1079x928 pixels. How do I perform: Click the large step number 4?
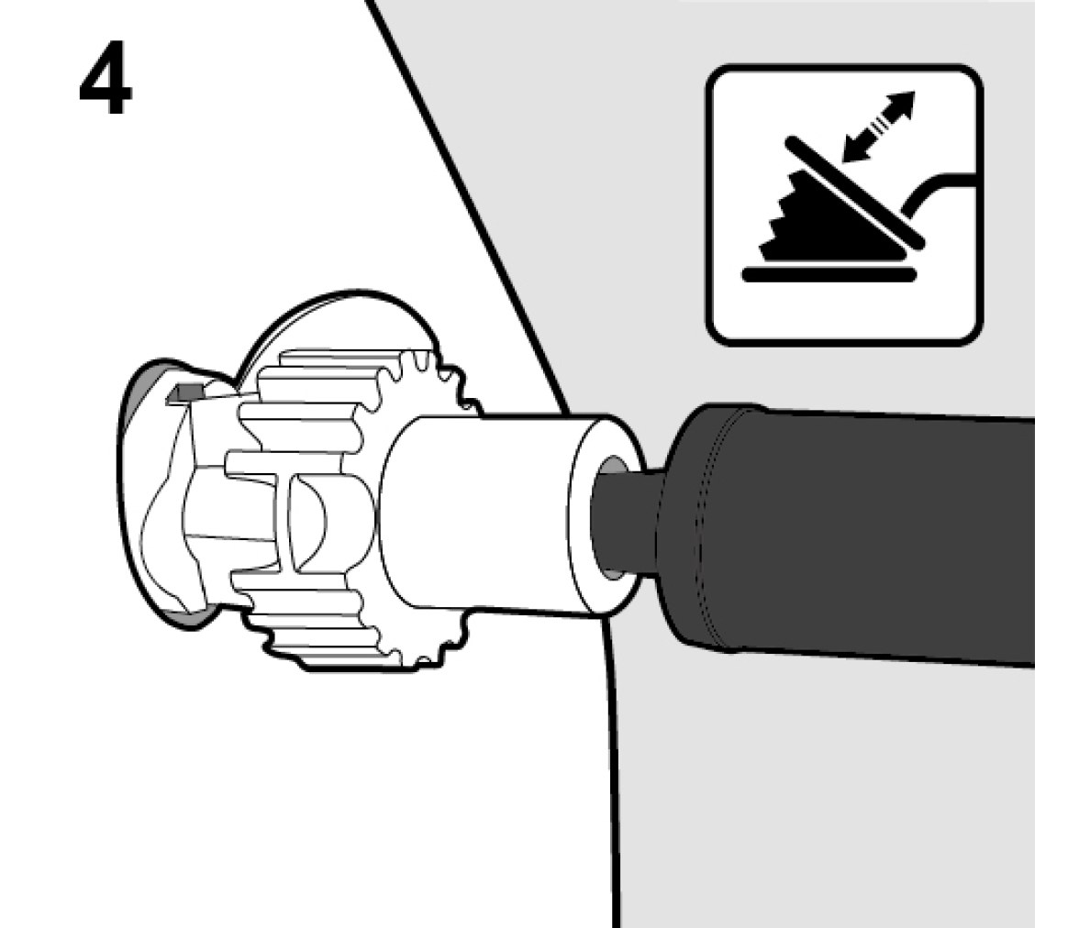click(106, 79)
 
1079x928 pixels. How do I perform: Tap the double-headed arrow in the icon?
click(879, 127)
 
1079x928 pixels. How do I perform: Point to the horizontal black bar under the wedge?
click(829, 275)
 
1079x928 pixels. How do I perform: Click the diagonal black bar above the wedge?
click(854, 192)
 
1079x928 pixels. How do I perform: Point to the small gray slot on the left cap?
click(185, 392)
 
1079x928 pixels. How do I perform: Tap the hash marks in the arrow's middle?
click(879, 127)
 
